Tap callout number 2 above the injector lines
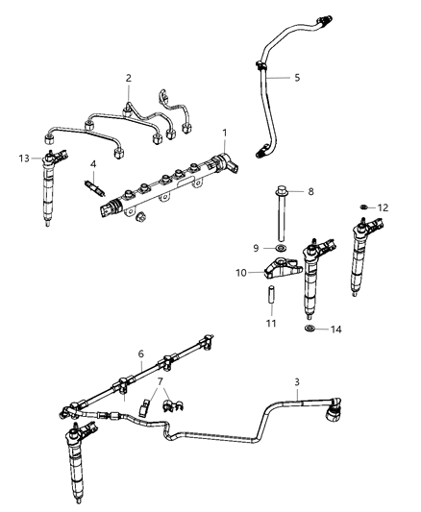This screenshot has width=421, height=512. tap(128, 78)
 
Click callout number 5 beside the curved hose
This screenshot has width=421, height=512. tap(296, 77)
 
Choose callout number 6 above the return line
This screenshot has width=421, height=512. tap(141, 353)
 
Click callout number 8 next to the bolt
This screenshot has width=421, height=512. tap(310, 192)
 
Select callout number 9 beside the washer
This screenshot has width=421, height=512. tap(257, 248)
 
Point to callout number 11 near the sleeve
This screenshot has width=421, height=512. tap(272, 323)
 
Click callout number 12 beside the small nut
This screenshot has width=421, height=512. tap(382, 207)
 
